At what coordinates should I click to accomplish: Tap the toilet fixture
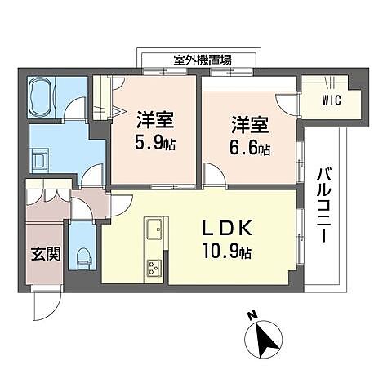(x=83, y=258)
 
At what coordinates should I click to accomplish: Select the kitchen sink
(x=154, y=229)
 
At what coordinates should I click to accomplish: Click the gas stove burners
(x=154, y=268)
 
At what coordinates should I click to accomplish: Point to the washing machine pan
(x=40, y=161)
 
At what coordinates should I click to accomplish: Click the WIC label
(x=332, y=100)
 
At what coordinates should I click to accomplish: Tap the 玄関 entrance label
(x=46, y=254)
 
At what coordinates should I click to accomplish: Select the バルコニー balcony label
(x=324, y=205)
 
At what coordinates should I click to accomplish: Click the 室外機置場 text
(x=203, y=60)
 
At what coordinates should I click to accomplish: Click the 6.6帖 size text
(x=250, y=149)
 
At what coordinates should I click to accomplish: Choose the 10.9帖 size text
(x=226, y=251)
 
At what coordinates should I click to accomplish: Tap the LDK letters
(x=226, y=228)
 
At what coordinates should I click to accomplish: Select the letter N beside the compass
(x=252, y=315)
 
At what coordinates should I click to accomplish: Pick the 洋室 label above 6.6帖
(x=250, y=125)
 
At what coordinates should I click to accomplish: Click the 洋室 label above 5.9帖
(x=155, y=119)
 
